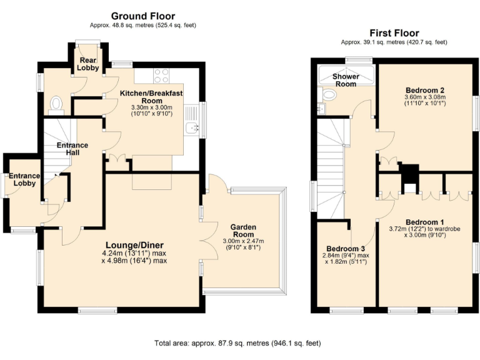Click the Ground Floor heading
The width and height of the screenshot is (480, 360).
tap(143, 16)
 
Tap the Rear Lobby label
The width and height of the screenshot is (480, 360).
tap(87, 63)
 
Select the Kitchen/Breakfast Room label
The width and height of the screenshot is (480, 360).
tap(151, 96)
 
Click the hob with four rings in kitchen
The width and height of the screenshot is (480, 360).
tap(161, 76)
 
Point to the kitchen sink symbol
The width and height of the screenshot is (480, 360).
tap(192, 129)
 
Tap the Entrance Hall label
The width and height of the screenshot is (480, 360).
tap(72, 149)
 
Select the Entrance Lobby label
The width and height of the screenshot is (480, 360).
tap(24, 180)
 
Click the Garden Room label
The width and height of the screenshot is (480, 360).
tap(243, 231)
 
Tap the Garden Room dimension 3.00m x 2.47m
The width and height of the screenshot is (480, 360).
tap(243, 241)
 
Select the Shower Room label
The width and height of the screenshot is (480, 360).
tap(345, 80)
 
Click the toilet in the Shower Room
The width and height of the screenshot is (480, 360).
tap(328, 94)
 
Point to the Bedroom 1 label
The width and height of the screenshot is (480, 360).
tap(425, 222)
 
